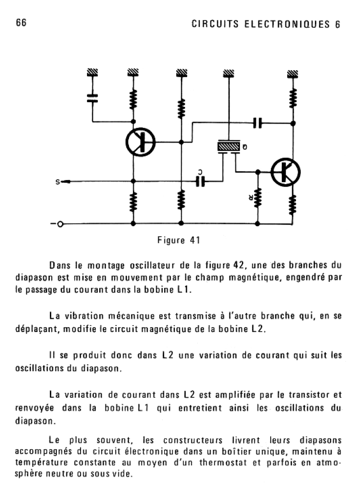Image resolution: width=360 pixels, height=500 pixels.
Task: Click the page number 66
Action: (21, 23)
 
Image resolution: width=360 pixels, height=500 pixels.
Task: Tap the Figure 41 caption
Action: (178, 240)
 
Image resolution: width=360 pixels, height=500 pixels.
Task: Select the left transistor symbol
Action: (140, 142)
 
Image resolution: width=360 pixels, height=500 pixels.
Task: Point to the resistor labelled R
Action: (257, 197)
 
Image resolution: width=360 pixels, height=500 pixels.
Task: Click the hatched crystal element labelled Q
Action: (229, 146)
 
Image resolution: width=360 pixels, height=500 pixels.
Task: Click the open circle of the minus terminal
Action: (61, 224)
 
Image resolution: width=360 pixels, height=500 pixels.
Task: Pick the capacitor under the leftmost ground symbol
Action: (92, 97)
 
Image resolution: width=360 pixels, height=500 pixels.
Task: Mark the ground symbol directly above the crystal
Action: (229, 73)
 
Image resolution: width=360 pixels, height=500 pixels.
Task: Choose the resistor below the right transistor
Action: (293, 205)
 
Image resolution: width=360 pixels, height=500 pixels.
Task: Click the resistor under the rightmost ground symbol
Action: (293, 98)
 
